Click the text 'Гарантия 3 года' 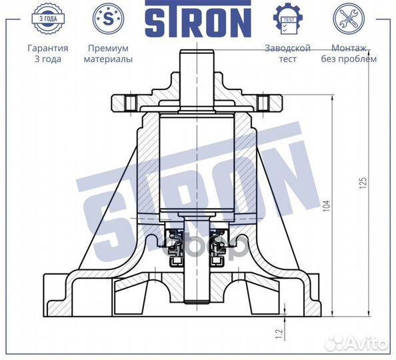point(47,53)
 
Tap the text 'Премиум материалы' point(107,53)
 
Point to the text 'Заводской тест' point(287,53)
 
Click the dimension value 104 point(326,207)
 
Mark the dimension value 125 point(363,182)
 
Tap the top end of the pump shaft point(197,55)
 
